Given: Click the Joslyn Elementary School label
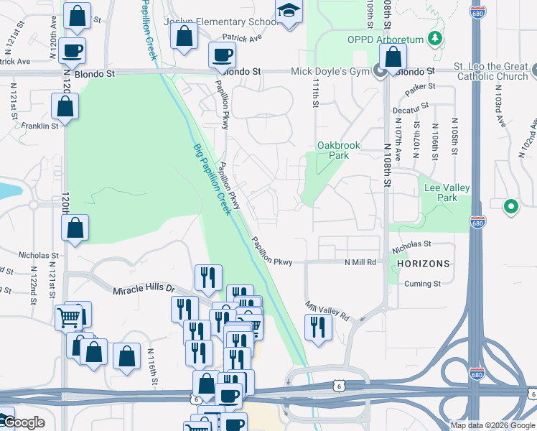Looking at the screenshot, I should (220, 22).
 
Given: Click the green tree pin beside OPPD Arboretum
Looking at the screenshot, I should (434, 37).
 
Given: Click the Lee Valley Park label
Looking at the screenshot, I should (447, 193).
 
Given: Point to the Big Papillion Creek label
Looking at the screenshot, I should (213, 179).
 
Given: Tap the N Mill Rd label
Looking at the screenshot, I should (360, 262).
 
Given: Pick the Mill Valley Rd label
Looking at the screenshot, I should (327, 311).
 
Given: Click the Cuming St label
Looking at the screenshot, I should (422, 284).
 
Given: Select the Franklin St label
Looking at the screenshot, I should (39, 126).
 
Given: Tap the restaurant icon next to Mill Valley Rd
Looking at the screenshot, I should (316, 328).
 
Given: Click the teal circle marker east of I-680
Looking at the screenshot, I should (510, 207).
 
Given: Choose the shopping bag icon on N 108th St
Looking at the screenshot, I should (393, 57).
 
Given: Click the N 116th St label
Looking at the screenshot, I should (153, 366).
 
